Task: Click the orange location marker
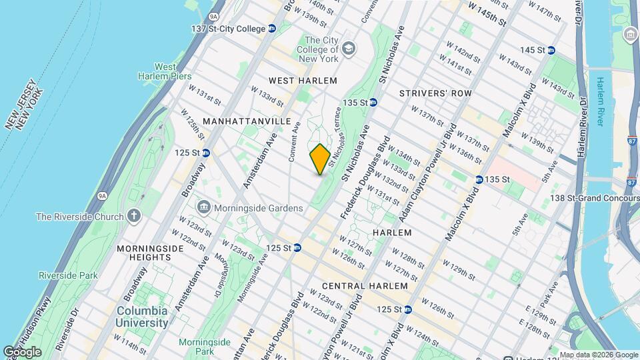point(319,159)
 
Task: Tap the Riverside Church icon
point(135,216)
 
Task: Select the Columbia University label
point(143,317)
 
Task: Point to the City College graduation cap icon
point(349,47)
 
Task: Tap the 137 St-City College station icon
point(272,29)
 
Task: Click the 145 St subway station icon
point(550,51)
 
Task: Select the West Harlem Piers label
point(165,72)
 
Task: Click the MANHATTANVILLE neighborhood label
point(247,121)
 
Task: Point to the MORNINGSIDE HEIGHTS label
point(143,253)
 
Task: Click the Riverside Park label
point(68,275)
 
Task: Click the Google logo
point(22,351)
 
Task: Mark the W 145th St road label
point(487,13)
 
